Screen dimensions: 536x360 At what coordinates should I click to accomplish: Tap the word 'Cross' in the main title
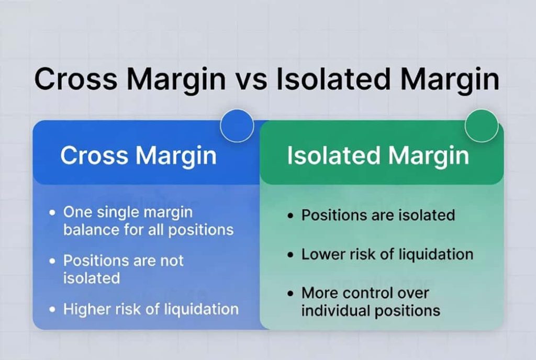pyautogui.click(x=75, y=79)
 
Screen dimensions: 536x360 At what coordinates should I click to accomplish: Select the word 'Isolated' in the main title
pyautogui.click(x=333, y=79)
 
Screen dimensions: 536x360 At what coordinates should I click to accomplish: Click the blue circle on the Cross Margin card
pyautogui.click(x=237, y=126)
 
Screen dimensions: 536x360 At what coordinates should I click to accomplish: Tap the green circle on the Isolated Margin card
pyautogui.click(x=482, y=126)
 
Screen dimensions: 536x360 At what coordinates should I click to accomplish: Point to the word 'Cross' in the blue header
pyautogui.click(x=94, y=155)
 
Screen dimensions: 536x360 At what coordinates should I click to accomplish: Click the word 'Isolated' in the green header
pyautogui.click(x=333, y=155)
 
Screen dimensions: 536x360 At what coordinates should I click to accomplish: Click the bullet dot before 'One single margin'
pyautogui.click(x=52, y=213)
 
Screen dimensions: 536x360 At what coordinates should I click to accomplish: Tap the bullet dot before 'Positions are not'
pyautogui.click(x=52, y=261)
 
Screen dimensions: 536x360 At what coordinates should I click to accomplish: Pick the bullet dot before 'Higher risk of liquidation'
pyautogui.click(x=52, y=310)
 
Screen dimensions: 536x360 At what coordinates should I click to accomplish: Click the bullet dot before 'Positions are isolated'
pyautogui.click(x=291, y=216)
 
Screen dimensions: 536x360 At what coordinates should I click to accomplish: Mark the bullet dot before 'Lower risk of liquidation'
pyautogui.click(x=291, y=255)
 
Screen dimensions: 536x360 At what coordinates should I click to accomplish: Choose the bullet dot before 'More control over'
pyautogui.click(x=291, y=294)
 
